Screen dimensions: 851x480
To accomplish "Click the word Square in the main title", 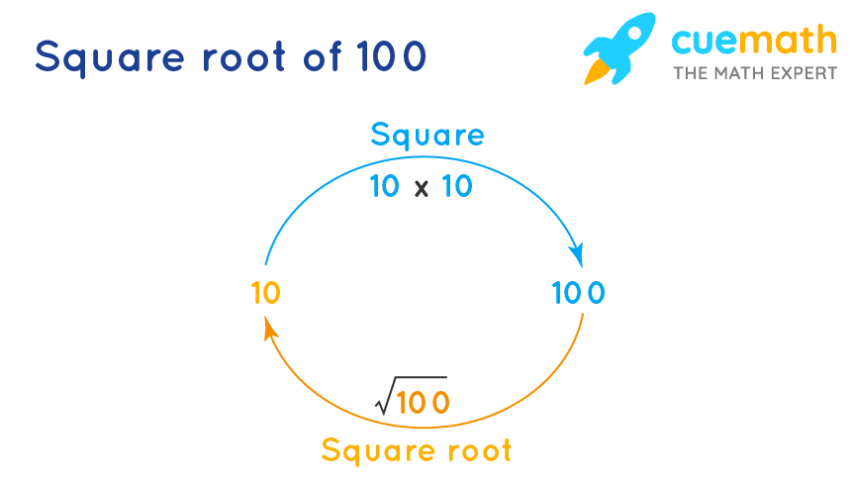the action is pos(110,57).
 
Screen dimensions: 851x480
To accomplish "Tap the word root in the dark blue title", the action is pos(243,56).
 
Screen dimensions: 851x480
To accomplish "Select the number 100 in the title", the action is pos(391,56).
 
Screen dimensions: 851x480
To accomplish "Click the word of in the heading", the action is pos(323,55).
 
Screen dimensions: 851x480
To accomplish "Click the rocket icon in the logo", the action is pos(619,48).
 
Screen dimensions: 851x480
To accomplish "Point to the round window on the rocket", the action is pos(632,33).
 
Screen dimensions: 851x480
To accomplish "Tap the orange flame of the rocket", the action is pos(597,72).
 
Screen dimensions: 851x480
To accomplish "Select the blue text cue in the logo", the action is pos(705,41).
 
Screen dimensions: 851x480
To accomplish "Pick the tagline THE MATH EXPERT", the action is pos(755,73).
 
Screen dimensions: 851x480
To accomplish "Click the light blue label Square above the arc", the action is pos(427,135).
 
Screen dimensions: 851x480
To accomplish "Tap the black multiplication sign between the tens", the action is pos(422,189).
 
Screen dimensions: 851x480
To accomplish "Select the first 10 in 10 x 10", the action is pos(385,186).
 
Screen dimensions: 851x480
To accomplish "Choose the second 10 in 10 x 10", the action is pos(457,186).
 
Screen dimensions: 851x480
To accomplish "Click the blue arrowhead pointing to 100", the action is pos(577,254).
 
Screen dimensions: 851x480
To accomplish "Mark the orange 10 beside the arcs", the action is pos(266,293).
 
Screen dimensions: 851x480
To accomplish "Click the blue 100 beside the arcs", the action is pos(579,293).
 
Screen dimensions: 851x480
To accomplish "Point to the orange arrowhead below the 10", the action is pos(270,330).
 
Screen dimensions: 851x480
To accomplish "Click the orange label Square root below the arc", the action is pos(417,450).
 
